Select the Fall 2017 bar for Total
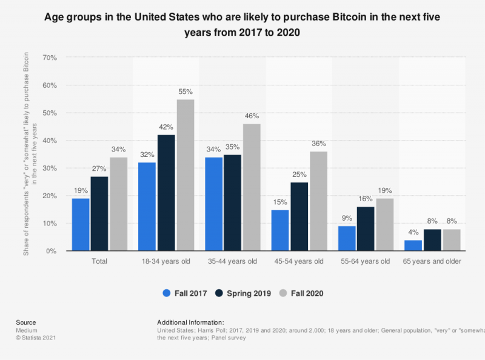(81, 225)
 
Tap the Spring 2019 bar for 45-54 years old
(299, 216)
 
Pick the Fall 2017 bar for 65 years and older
(413, 245)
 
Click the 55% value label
(186, 92)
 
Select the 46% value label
(252, 116)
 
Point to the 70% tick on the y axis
(50, 58)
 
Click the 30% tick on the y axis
(50, 168)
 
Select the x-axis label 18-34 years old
(166, 261)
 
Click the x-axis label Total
(99, 261)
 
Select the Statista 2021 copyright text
(28, 338)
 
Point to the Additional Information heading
(190, 322)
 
